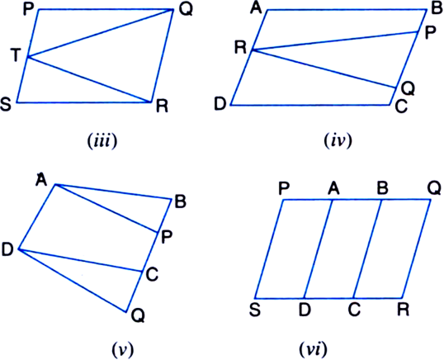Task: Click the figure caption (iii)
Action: point(102,140)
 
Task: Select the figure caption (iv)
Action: point(338,140)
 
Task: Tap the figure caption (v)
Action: point(123,350)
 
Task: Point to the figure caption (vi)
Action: point(313,350)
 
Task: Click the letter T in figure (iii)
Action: point(16,55)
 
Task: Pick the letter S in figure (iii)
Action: point(6,104)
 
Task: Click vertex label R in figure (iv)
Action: point(241,48)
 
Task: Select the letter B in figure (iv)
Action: point(437,8)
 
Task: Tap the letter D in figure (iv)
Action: point(220,103)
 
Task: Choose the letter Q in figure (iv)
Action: point(408,88)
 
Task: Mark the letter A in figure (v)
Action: point(41,179)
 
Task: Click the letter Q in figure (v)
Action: point(138,315)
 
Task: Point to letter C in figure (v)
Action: point(152,274)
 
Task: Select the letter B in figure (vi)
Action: point(382,188)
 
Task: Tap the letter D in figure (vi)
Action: point(305,310)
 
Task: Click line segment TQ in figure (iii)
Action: point(100,33)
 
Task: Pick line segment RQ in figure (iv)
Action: point(324,69)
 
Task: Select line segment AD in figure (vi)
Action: point(319,249)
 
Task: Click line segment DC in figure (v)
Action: point(80,260)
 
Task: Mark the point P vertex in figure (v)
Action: point(158,233)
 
